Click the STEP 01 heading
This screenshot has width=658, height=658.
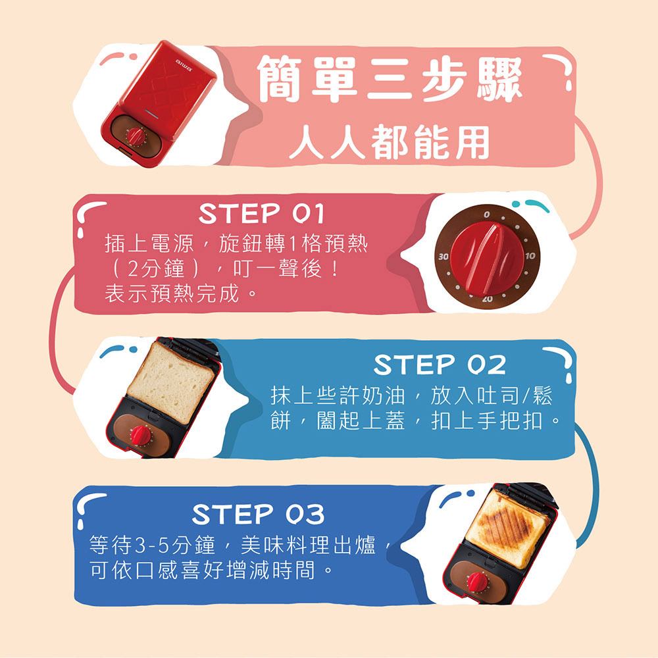pyautogui.click(x=261, y=213)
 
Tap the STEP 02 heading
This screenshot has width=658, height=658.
pyautogui.click(x=440, y=365)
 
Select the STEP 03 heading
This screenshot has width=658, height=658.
pyautogui.click(x=258, y=514)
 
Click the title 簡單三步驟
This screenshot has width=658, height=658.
pyautogui.click(x=390, y=79)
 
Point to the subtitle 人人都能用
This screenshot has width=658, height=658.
pyautogui.click(x=390, y=142)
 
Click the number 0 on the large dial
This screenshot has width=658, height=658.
pyautogui.click(x=486, y=215)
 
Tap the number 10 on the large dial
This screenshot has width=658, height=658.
pyautogui.click(x=530, y=255)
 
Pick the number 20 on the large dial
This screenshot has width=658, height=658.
pyautogui.click(x=487, y=299)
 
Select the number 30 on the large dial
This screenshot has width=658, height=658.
pyautogui.click(x=443, y=257)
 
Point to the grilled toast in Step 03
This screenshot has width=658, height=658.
pyautogui.click(x=509, y=530)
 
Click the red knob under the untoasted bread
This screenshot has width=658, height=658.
pyautogui.click(x=141, y=435)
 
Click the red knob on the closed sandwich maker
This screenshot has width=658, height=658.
pyautogui.click(x=136, y=136)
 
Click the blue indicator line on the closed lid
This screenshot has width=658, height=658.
pyautogui.click(x=151, y=113)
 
